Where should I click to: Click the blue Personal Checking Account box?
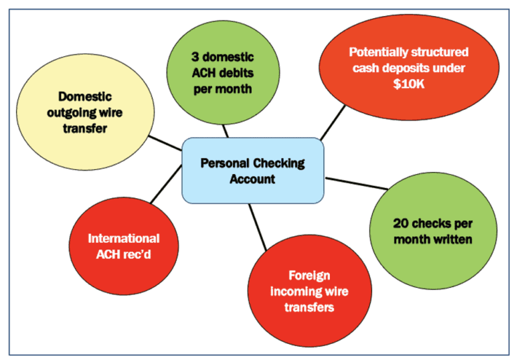[252, 171]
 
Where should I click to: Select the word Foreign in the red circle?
[309, 275]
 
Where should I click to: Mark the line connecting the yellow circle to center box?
[164, 143]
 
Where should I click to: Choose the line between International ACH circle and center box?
[164, 191]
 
